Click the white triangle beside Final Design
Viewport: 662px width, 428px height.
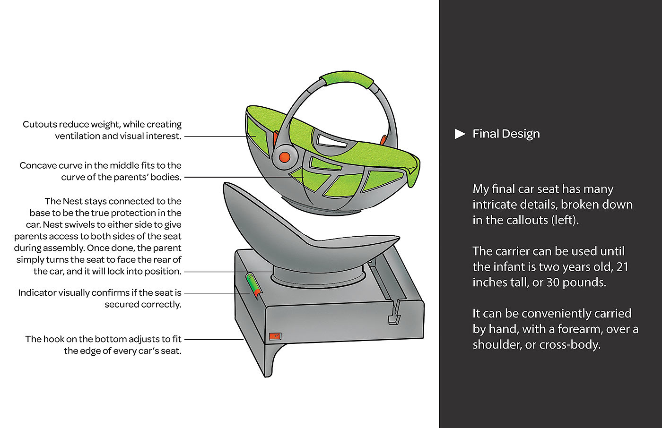(x=460, y=134)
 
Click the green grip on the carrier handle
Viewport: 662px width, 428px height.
(x=347, y=78)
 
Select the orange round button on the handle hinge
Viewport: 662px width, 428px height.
(x=284, y=157)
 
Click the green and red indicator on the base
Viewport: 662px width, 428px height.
(x=253, y=285)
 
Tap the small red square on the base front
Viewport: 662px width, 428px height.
(x=275, y=336)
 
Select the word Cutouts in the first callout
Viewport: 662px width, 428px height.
(x=40, y=124)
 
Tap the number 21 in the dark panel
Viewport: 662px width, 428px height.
(x=622, y=267)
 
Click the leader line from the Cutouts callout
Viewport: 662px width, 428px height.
(x=220, y=137)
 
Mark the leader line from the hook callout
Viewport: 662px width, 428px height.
(x=214, y=340)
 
